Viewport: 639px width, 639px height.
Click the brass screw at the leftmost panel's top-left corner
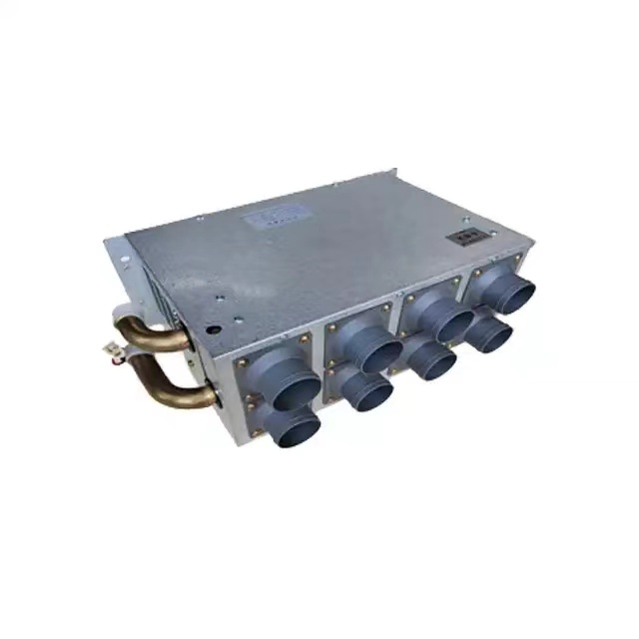pos(241,361)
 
